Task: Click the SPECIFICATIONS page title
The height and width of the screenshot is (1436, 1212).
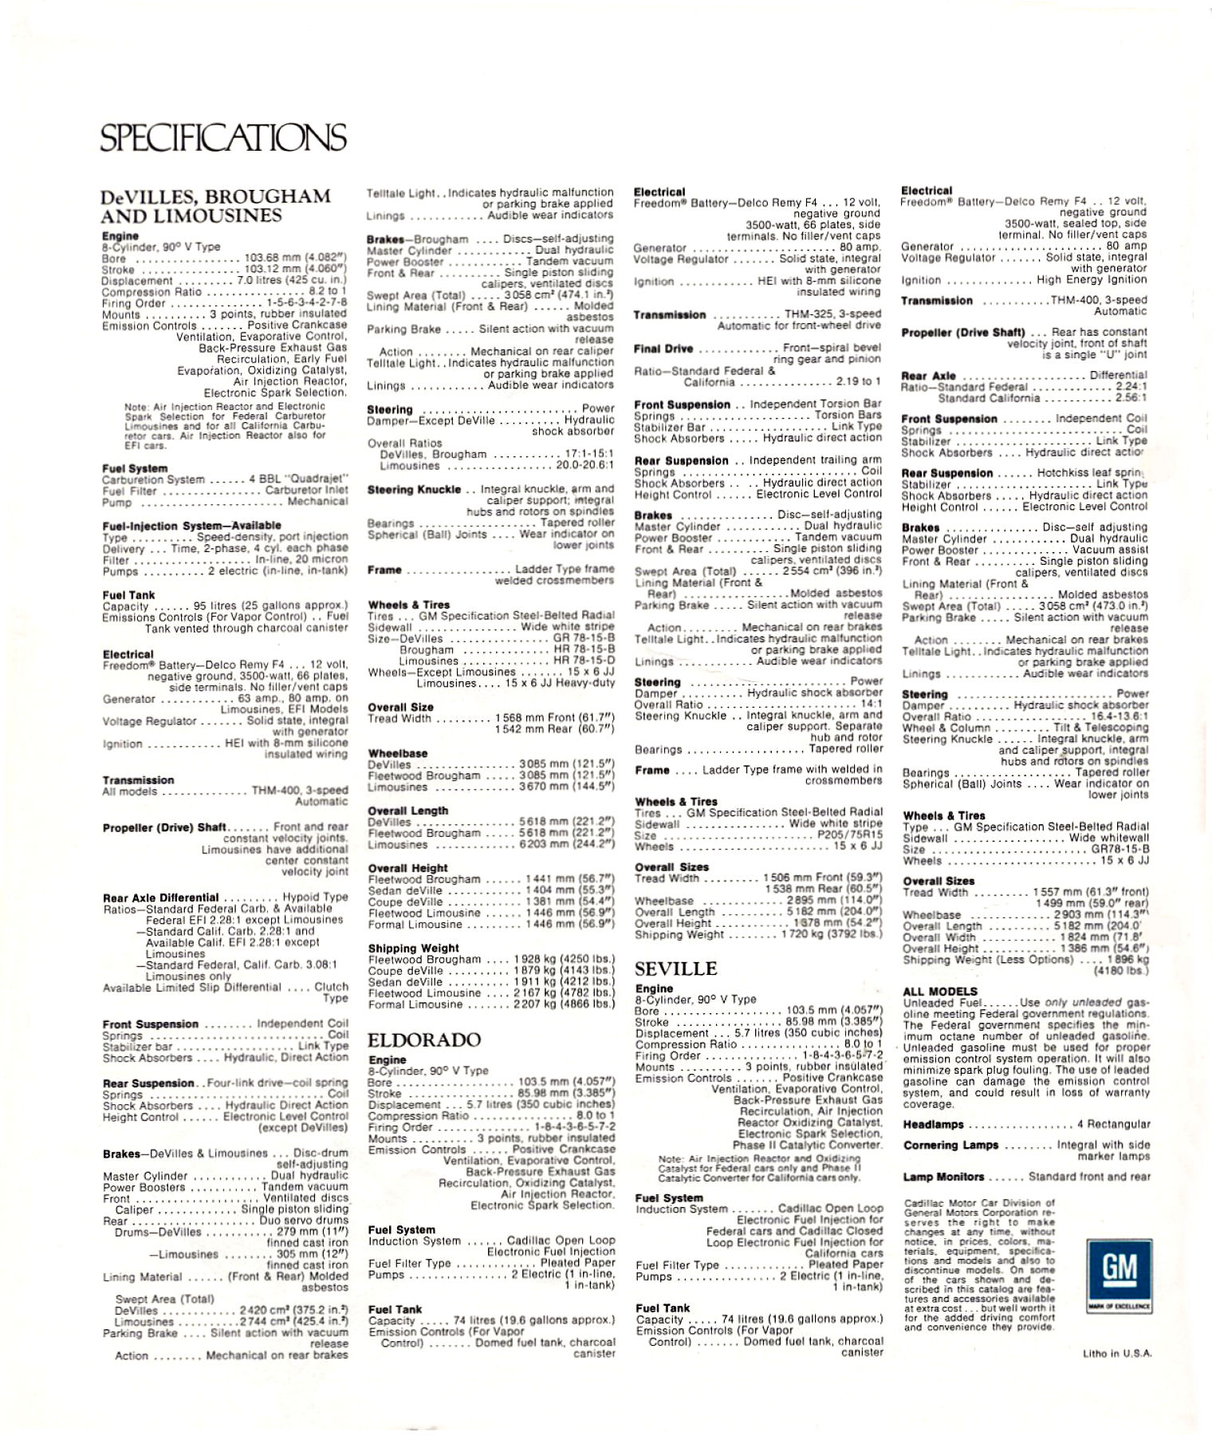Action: [x=223, y=137]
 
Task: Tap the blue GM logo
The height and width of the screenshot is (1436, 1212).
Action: [x=1118, y=1268]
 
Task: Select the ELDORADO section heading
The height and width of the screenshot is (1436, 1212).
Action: [x=423, y=1040]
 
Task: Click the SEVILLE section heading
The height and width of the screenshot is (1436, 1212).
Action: [x=675, y=969]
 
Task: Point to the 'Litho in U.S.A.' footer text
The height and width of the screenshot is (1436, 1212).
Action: [x=1117, y=1353]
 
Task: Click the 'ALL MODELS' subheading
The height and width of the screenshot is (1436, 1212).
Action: [x=940, y=992]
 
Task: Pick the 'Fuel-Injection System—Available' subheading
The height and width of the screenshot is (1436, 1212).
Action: [x=191, y=526]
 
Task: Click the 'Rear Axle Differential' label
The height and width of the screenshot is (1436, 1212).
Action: [x=160, y=897]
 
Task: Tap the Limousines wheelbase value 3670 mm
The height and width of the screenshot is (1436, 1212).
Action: [x=566, y=787]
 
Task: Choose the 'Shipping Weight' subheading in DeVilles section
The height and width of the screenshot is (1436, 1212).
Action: [x=413, y=949]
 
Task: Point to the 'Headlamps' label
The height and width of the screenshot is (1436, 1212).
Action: [x=933, y=1125]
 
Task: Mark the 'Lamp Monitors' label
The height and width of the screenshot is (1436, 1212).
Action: [x=943, y=1177]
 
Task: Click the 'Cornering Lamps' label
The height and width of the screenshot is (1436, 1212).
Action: [x=950, y=1146]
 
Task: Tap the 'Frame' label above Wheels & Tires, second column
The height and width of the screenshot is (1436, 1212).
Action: [x=384, y=570]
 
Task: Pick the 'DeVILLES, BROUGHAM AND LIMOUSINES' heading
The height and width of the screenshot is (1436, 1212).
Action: [x=215, y=206]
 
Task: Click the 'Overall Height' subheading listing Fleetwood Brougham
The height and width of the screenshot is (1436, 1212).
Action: [x=407, y=868]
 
